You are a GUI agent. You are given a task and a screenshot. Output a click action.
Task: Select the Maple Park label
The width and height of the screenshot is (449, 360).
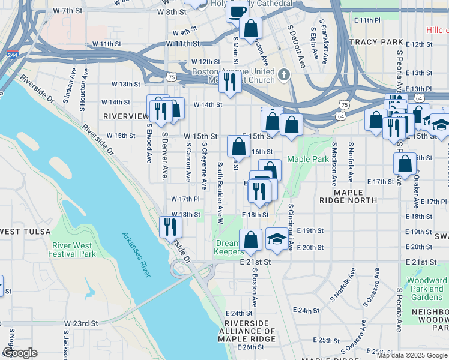pyautogui.click(x=307, y=159)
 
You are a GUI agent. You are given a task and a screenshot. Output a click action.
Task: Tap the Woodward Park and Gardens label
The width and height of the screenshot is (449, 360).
pyautogui.click(x=426, y=289)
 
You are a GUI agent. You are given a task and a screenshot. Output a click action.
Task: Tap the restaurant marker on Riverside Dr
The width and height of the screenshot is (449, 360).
pyautogui.click(x=170, y=226)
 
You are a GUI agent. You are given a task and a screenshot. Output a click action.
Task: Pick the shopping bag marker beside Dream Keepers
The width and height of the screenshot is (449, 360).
pyautogui.click(x=250, y=240)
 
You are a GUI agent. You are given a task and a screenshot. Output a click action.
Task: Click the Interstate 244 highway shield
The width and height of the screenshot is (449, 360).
pyautogui.click(x=12, y=55)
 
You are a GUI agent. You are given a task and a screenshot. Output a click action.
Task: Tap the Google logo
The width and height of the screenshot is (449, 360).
pyautogui.click(x=20, y=353)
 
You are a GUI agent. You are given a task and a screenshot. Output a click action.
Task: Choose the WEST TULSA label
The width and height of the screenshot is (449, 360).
pyautogui.click(x=20, y=232)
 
